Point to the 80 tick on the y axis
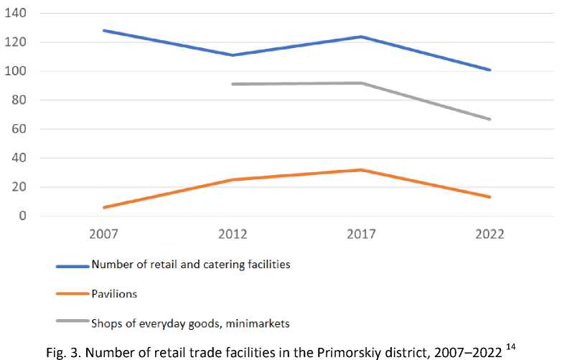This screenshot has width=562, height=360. point(20,100)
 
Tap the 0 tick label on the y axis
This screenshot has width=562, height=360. point(23,216)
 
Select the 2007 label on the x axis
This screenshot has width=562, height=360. point(105,235)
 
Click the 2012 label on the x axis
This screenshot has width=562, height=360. point(233,235)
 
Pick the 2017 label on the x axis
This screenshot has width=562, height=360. point(361,235)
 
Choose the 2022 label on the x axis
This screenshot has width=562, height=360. point(490,235)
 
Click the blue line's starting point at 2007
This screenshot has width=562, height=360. point(105,31)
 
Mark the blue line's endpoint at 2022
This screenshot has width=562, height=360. point(490,70)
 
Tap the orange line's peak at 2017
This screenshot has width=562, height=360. point(361,170)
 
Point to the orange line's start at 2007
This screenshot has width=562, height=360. point(105,207)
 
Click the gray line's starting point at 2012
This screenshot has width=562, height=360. point(233,84)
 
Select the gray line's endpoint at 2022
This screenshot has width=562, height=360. point(490,119)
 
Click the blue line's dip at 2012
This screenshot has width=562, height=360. point(233,55)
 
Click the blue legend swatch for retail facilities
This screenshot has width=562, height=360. point(72,265)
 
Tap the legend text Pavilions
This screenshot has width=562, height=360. point(113,294)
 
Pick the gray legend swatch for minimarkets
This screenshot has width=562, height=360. point(72,323)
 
